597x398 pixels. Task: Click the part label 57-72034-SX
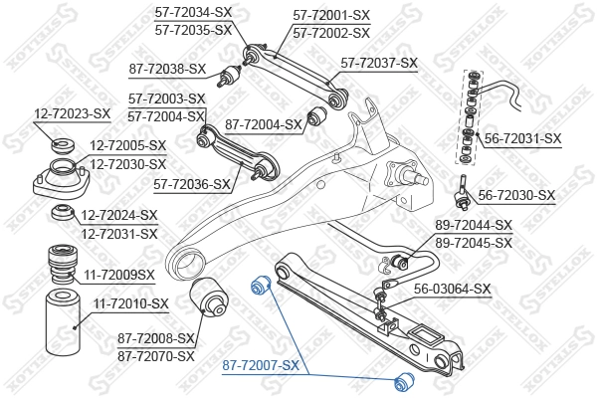tap(193, 13)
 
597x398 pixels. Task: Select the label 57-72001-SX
tap(331, 16)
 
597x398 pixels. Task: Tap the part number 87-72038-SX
tap(167, 69)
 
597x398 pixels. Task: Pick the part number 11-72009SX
tap(118, 274)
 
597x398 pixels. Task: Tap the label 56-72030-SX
tap(516, 195)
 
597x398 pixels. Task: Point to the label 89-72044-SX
tap(474, 226)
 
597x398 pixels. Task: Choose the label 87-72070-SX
tap(155, 355)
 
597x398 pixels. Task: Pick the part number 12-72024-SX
tap(119, 215)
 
